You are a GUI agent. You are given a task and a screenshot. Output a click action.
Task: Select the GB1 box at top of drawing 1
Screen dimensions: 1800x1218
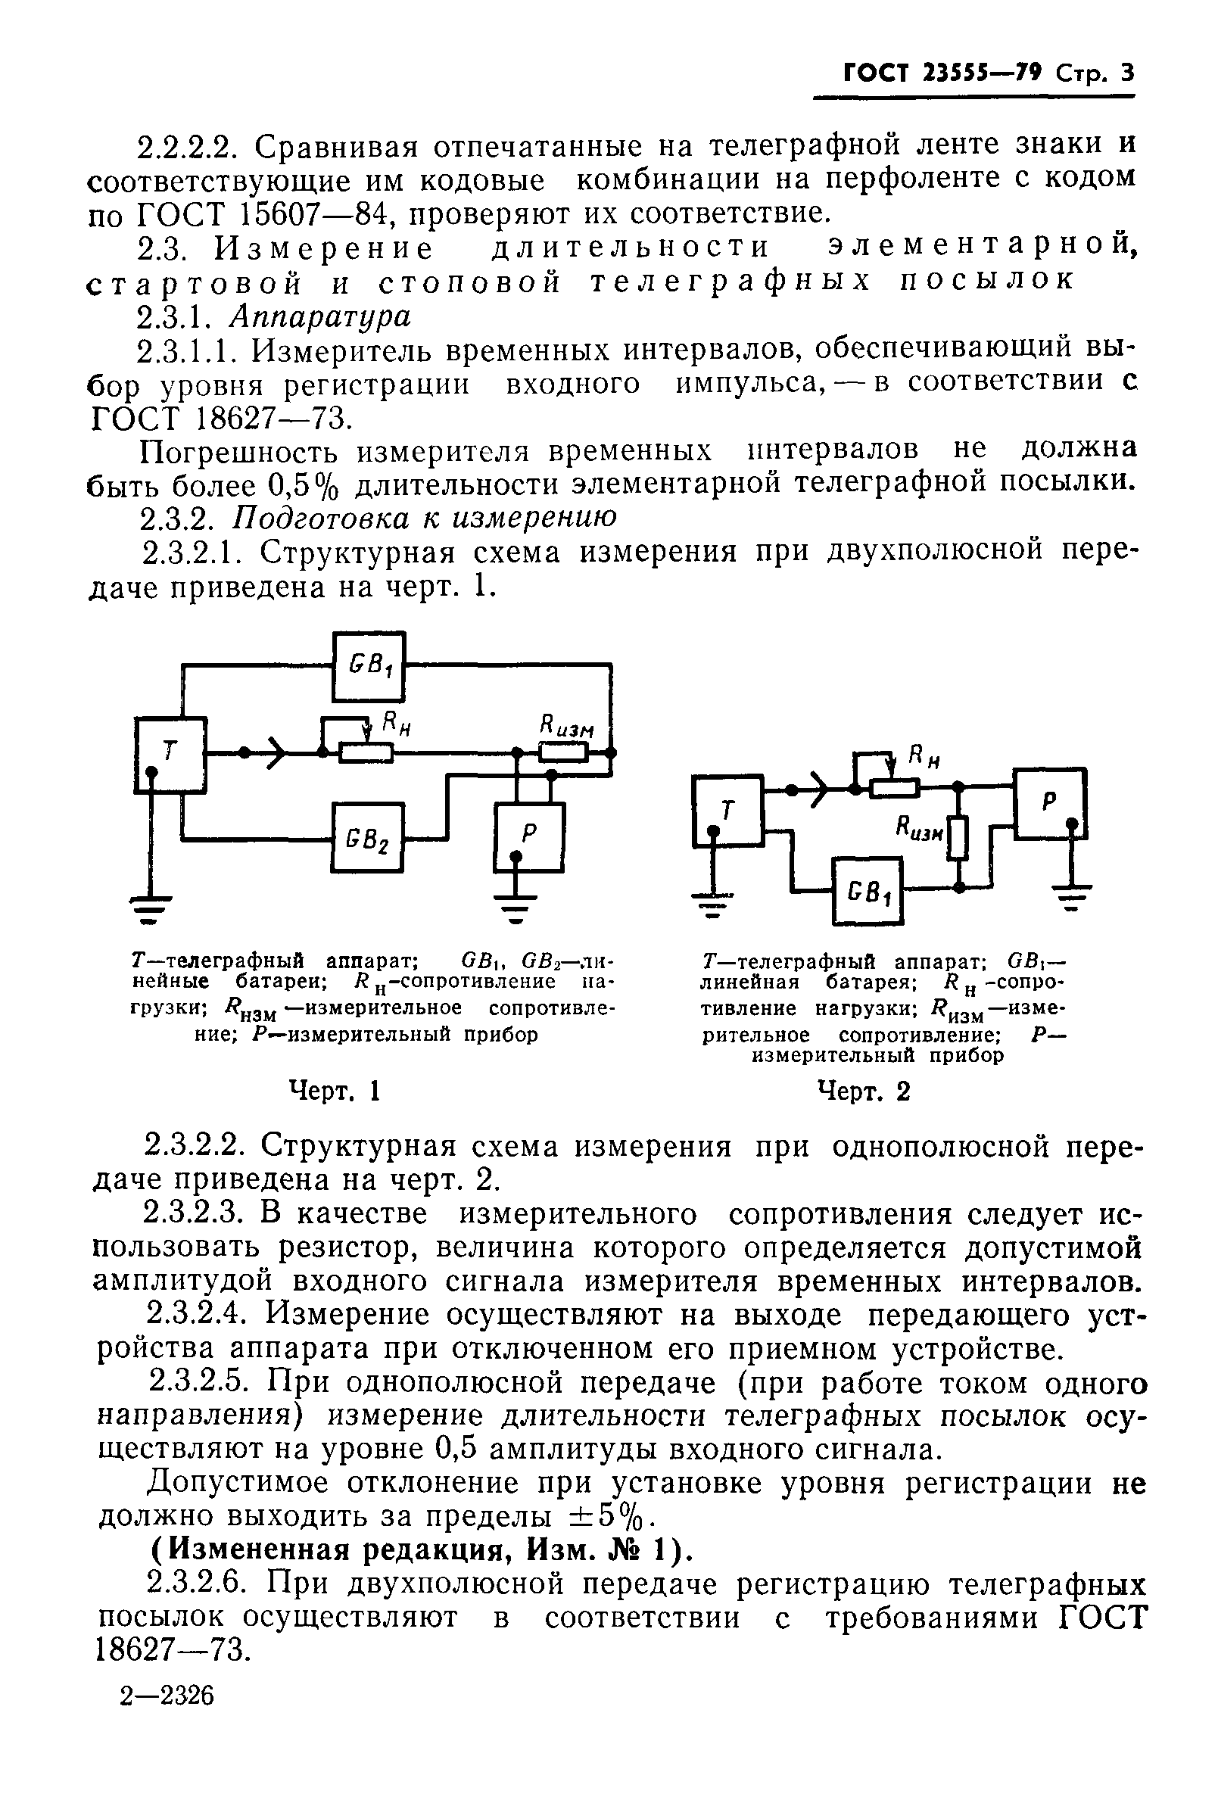click(x=369, y=665)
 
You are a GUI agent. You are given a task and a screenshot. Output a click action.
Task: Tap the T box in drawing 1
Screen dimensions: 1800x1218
click(x=170, y=755)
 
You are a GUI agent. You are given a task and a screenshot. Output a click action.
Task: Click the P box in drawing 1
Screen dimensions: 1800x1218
click(x=529, y=837)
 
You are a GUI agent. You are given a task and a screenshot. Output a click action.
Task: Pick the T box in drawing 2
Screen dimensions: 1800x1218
click(x=727, y=811)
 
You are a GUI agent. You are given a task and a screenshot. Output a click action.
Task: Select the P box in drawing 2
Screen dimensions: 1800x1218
click(x=1051, y=802)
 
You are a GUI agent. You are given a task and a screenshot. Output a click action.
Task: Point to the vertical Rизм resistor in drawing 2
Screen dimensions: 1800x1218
click(x=958, y=837)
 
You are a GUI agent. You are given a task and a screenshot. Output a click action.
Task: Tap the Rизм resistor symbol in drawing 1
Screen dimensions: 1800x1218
click(x=564, y=752)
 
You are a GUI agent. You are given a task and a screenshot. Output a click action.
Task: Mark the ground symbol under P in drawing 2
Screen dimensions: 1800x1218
click(x=1072, y=895)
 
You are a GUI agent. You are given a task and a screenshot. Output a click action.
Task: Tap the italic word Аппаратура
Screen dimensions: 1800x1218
click(x=320, y=316)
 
